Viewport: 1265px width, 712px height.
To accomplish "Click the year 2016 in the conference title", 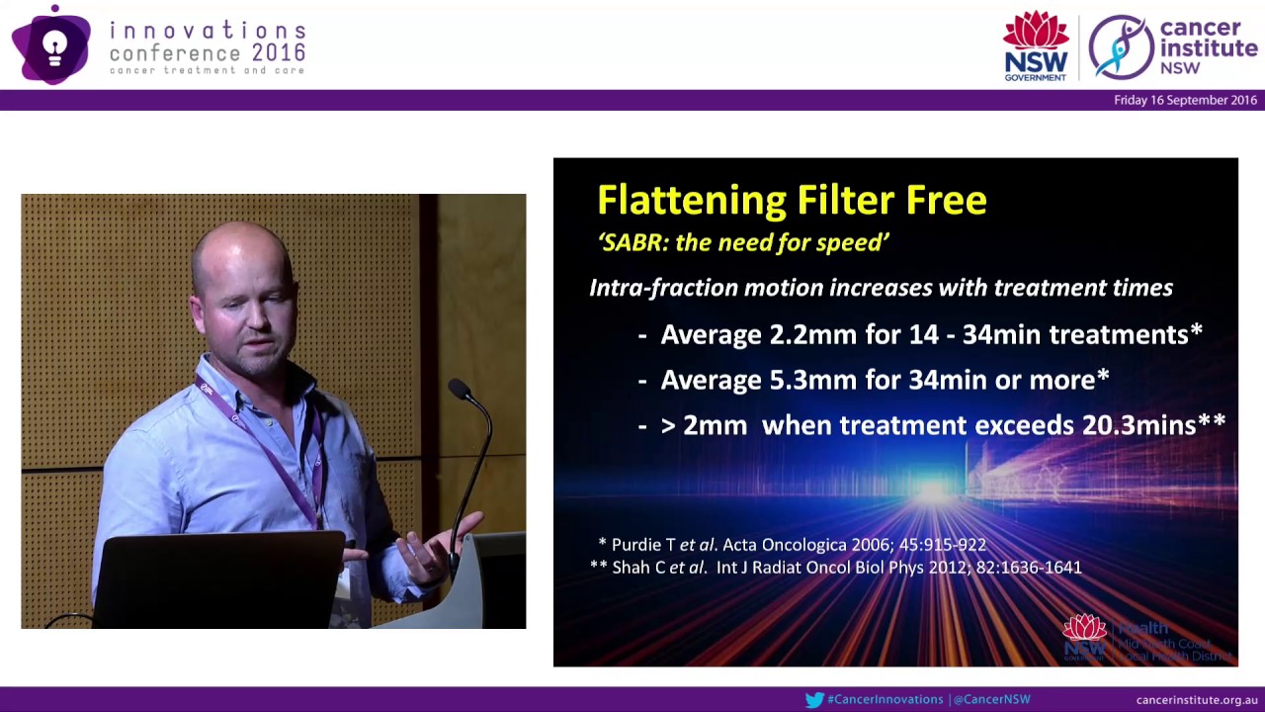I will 279,53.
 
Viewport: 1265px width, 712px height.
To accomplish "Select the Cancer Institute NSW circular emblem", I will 1121,46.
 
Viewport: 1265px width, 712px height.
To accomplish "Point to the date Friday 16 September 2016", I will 1185,100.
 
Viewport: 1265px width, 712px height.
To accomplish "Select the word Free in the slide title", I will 945,201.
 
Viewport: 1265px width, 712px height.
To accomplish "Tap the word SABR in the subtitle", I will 632,242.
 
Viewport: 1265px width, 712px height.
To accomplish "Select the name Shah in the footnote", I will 633,568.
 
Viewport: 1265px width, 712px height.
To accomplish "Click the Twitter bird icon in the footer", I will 814,700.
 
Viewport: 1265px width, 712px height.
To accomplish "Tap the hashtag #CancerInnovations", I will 885,700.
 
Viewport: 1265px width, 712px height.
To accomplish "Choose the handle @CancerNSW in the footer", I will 992,700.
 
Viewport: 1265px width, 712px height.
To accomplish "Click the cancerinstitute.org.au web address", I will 1196,700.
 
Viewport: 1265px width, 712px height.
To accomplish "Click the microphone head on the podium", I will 459,389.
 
